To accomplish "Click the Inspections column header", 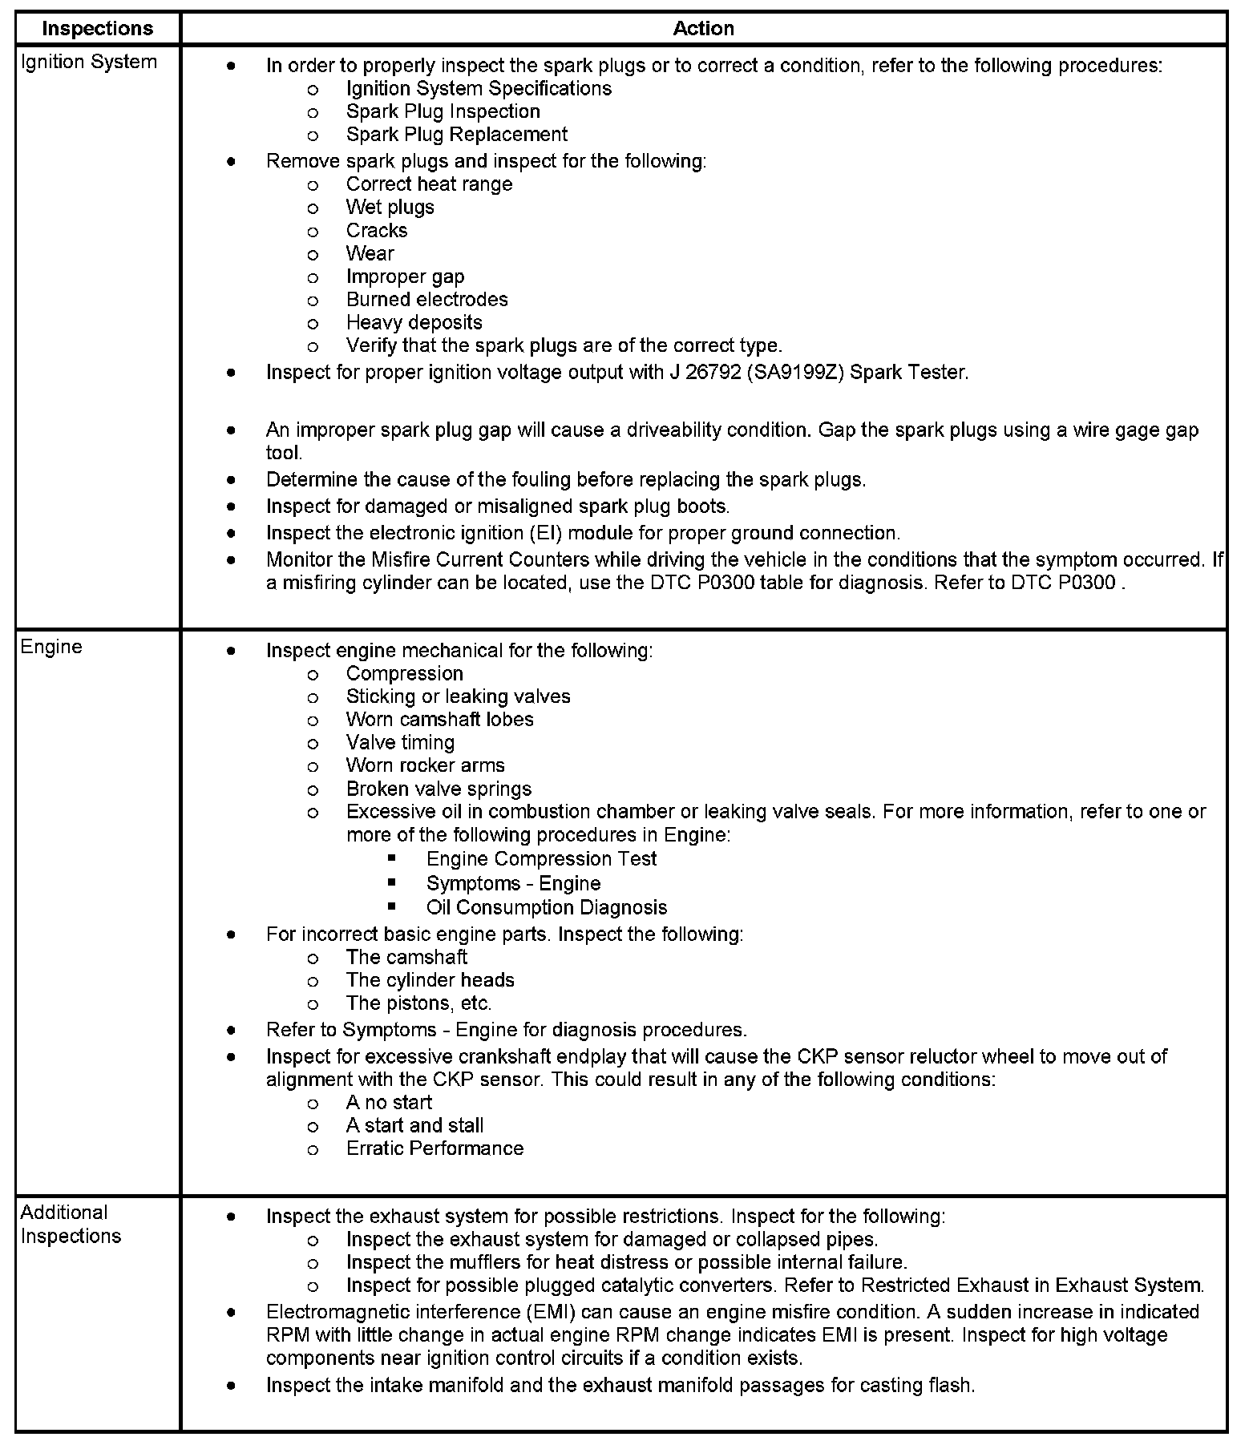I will tap(97, 29).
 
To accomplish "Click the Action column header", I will tap(703, 29).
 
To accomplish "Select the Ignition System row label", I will tap(88, 63).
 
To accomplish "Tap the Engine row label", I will tap(51, 647).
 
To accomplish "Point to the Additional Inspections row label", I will tap(71, 1224).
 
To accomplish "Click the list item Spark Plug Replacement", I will tap(456, 135).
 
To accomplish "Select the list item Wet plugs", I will tap(390, 208).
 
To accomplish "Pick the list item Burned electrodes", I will tap(426, 300).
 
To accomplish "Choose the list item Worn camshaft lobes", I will tap(439, 720).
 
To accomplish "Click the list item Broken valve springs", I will tap(439, 789).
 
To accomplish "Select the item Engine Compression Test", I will tap(541, 859).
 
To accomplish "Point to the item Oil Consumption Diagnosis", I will tap(546, 907).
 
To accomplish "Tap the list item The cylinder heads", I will tap(430, 980).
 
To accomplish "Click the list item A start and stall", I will tap(414, 1125).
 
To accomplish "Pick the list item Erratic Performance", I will tap(434, 1148).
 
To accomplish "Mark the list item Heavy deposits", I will tap(414, 323).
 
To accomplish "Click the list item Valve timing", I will tap(400, 743).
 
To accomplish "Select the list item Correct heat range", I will tap(429, 184).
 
